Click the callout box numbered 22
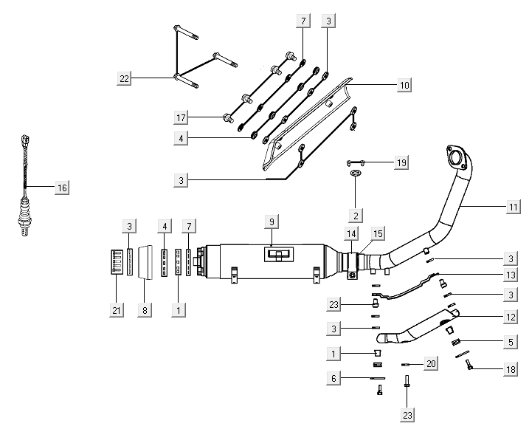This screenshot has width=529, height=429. (x=124, y=78)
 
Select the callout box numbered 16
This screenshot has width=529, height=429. (x=62, y=188)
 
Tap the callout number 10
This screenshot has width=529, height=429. (x=404, y=85)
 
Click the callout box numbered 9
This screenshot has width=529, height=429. (x=272, y=222)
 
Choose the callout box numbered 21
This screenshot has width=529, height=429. (x=115, y=311)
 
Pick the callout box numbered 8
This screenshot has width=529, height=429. (x=145, y=311)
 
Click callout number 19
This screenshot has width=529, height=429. (x=401, y=162)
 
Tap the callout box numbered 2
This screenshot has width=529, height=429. (x=356, y=216)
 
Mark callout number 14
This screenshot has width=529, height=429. (x=351, y=234)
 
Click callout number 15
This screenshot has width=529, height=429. (x=378, y=234)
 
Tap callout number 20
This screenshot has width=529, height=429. (x=432, y=364)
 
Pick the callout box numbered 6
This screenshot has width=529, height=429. (x=335, y=378)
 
